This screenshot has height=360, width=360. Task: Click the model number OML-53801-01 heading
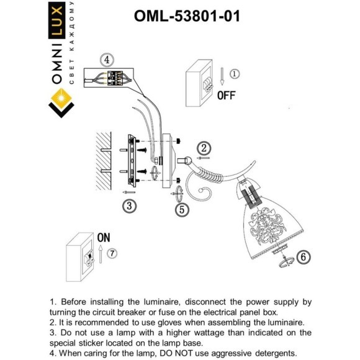tap(186, 16)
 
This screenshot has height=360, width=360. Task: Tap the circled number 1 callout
tap(233, 74)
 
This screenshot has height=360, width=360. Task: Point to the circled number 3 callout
tap(128, 206)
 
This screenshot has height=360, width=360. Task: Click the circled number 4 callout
tap(107, 60)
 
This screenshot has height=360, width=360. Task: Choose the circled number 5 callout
tap(181, 210)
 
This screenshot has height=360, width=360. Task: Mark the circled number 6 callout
tap(303, 256)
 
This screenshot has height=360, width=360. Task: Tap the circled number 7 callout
tap(111, 253)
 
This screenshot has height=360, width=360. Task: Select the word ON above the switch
tap(103, 238)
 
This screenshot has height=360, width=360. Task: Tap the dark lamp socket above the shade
tap(248, 196)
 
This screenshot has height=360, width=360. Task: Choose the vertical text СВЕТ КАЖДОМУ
tap(73, 43)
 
